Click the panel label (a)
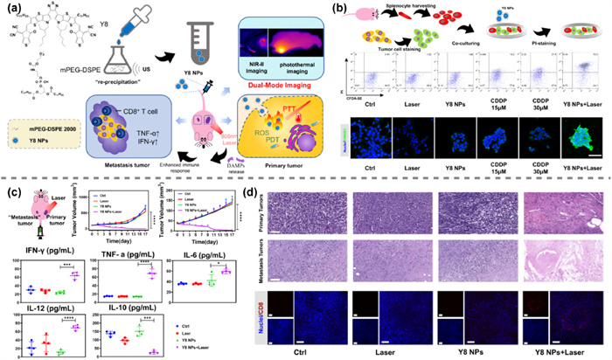tap(14, 10)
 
